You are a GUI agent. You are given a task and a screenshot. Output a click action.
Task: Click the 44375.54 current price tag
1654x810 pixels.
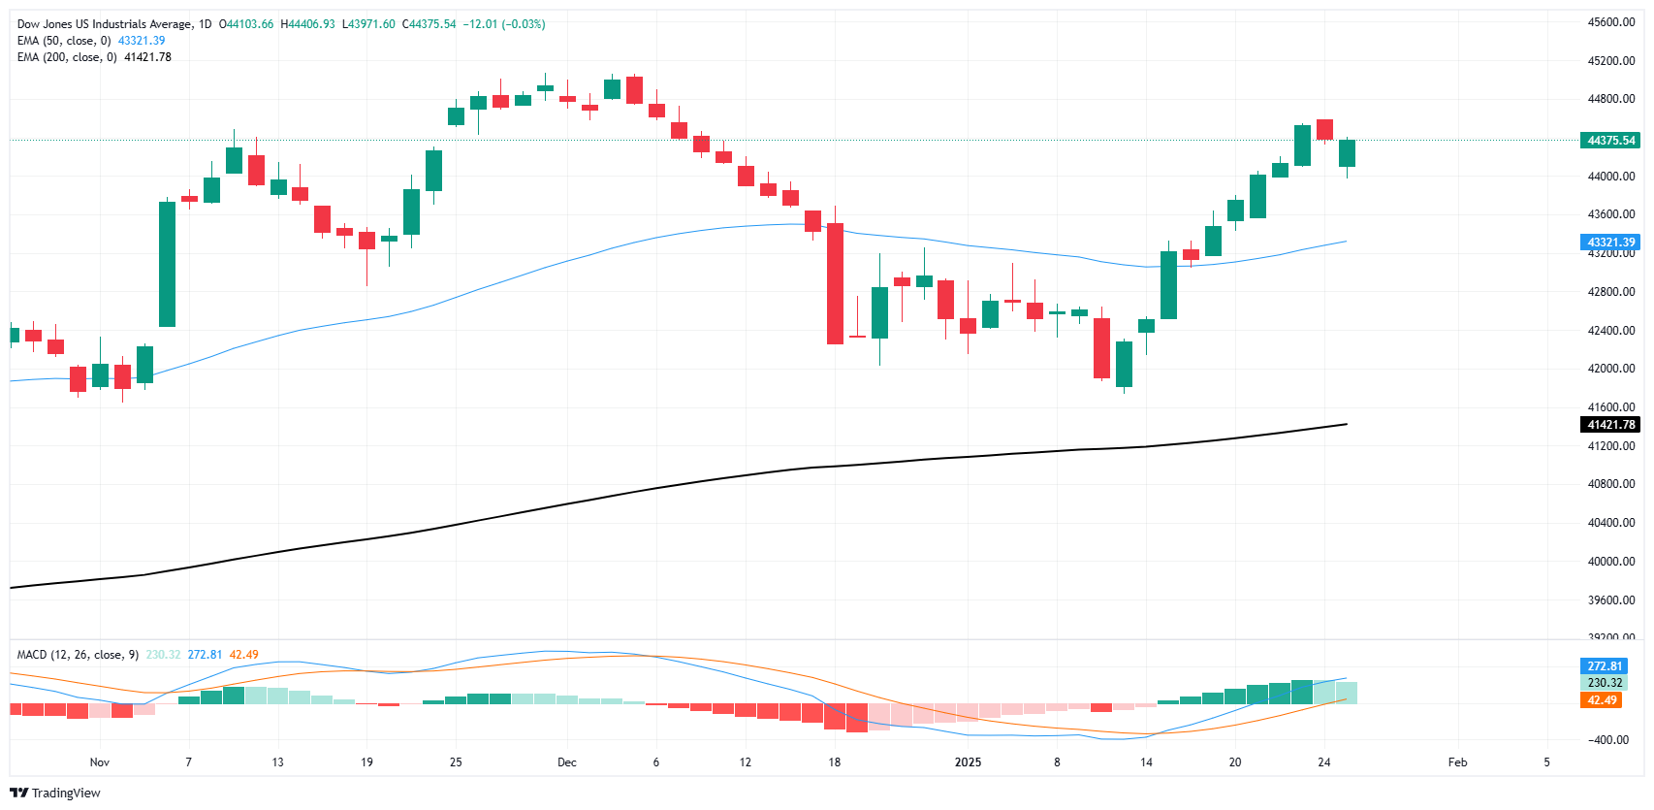[1610, 141]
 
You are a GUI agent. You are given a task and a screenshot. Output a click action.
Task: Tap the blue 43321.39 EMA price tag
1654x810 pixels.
[1610, 243]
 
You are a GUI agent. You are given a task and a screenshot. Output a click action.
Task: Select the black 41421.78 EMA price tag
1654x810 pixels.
[1610, 425]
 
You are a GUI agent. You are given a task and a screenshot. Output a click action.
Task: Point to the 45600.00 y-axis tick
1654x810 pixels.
[1610, 22]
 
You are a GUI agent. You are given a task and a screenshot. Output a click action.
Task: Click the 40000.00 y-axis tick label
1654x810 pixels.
[1610, 562]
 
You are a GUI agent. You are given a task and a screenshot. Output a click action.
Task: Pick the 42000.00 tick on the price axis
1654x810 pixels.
[1610, 369]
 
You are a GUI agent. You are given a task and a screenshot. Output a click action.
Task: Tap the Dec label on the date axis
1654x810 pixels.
[567, 762]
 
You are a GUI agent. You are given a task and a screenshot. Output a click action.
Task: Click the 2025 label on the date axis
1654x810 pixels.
[968, 762]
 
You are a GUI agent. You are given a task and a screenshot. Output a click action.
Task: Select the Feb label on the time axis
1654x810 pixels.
[1457, 762]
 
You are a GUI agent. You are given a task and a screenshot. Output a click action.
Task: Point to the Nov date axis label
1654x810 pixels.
[99, 762]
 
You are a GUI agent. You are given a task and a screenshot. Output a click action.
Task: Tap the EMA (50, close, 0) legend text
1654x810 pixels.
[64, 41]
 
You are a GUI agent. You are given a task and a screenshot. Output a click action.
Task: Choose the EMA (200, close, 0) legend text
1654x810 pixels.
[67, 57]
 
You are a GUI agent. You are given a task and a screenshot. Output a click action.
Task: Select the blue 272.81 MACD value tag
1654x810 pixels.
[1604, 666]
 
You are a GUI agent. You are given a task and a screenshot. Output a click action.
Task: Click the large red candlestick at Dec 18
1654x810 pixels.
[835, 283]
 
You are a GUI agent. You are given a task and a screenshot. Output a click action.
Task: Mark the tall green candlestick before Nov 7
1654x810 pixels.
[168, 264]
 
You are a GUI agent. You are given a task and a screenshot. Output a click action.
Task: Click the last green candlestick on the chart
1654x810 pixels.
[1347, 153]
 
